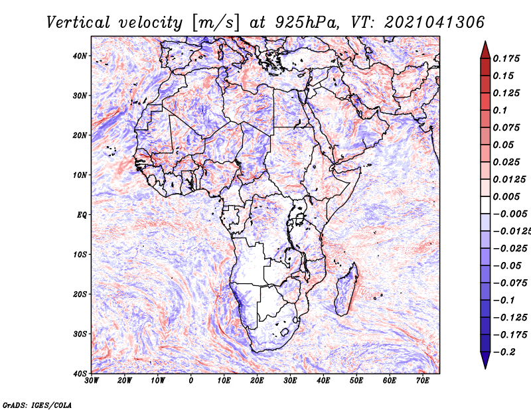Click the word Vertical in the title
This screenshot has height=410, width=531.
(x=78, y=23)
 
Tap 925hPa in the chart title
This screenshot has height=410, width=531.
(x=307, y=23)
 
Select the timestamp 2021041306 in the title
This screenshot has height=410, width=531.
(x=434, y=23)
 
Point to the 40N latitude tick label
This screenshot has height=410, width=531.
(x=80, y=56)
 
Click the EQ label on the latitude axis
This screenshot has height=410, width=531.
(x=82, y=215)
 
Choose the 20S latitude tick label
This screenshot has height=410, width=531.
(x=80, y=294)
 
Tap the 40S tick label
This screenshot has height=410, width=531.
(x=80, y=374)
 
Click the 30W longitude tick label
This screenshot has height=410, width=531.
(x=92, y=381)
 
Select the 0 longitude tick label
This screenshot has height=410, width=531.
(x=191, y=381)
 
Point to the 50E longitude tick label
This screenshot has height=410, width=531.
(x=356, y=381)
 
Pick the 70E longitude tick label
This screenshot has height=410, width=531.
(x=423, y=381)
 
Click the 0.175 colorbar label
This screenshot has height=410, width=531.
(x=506, y=58)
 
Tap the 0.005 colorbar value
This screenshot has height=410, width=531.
(x=506, y=196)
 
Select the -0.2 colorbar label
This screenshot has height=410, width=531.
(x=504, y=352)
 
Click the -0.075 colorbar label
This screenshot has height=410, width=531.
(x=510, y=283)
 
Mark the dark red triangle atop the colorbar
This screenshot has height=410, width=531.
(x=485, y=50)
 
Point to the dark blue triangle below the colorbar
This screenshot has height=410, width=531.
(x=485, y=360)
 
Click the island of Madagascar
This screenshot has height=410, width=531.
(x=346, y=289)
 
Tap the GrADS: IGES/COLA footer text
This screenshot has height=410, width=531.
(x=37, y=405)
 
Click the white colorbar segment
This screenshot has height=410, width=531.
(x=485, y=205)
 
